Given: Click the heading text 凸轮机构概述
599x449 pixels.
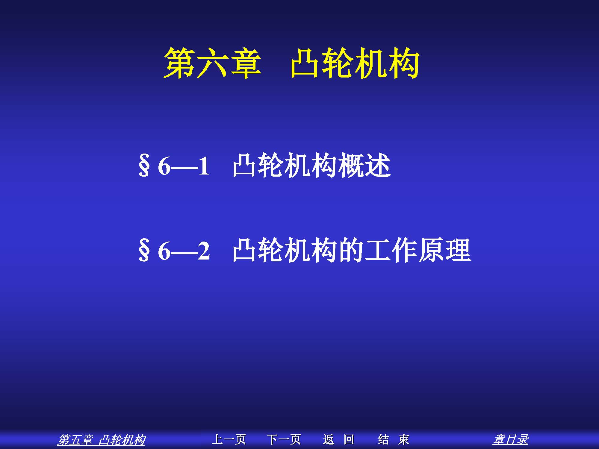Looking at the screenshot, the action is pyautogui.click(x=311, y=166).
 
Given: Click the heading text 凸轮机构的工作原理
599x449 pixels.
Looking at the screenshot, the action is pyautogui.click(x=352, y=251).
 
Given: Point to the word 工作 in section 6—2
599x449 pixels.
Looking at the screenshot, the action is pyautogui.click(x=391, y=251).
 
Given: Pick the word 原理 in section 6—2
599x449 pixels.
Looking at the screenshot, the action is pyautogui.click(x=444, y=251).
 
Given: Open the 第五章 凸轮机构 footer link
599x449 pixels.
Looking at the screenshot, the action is pyautogui.click(x=101, y=440).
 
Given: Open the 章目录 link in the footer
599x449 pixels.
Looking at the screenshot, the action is pyautogui.click(x=511, y=440).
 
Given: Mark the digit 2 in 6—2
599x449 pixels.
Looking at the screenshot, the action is pyautogui.click(x=204, y=251).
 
